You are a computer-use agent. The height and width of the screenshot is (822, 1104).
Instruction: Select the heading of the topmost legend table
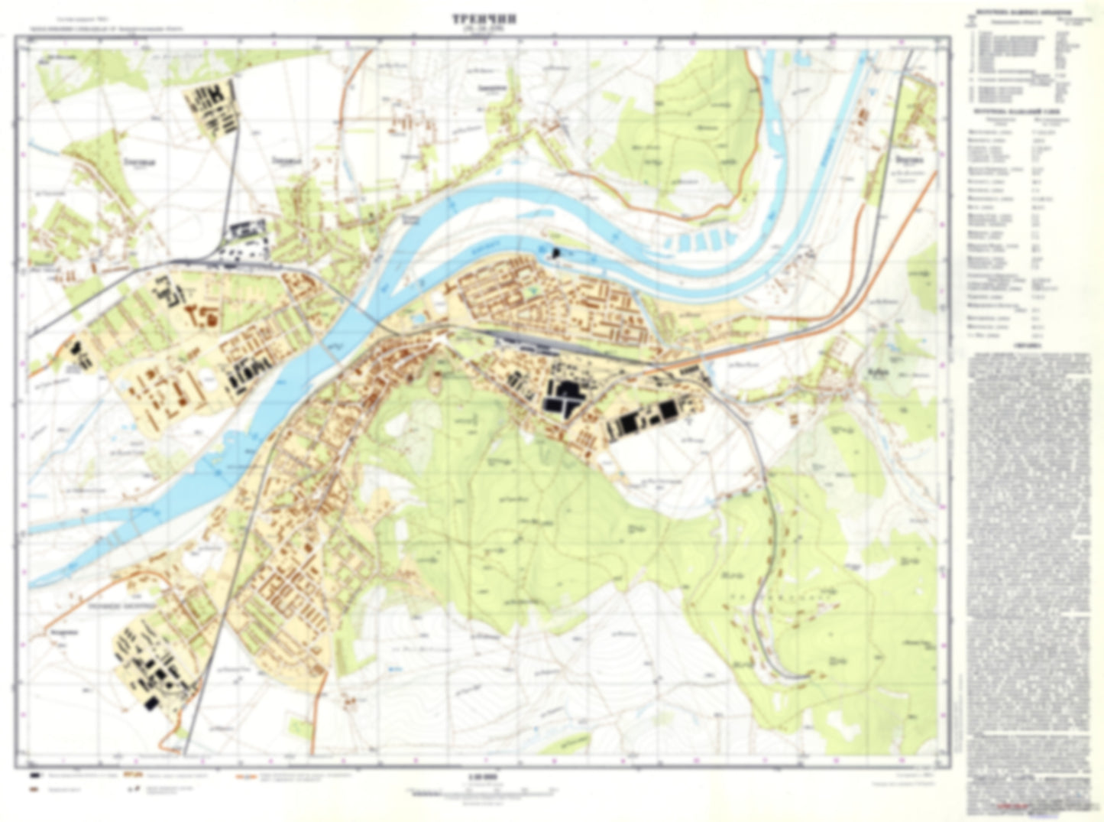(x=1029, y=13)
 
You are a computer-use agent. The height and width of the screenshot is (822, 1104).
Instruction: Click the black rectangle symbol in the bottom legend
(x=34, y=775)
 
